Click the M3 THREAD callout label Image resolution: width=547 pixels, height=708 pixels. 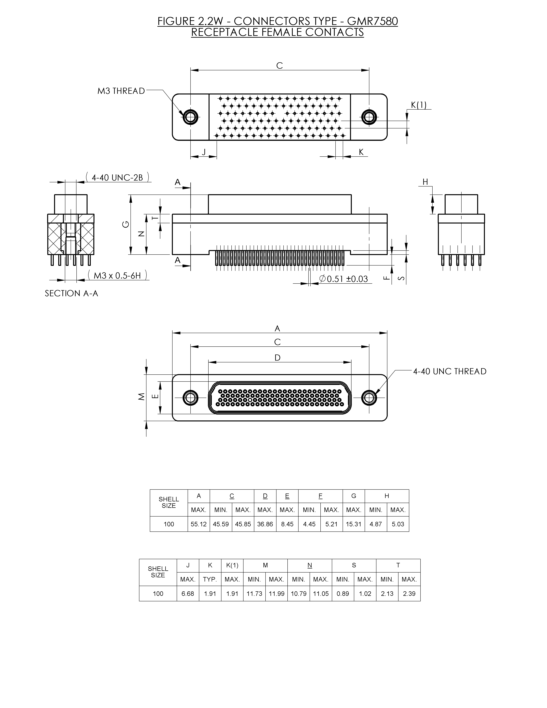click(121, 91)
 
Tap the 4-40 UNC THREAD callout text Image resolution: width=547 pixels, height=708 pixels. click(449, 372)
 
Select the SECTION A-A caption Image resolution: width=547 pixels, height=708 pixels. click(71, 293)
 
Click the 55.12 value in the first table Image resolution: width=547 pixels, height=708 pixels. click(198, 524)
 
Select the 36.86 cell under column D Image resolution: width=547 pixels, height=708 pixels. click(265, 524)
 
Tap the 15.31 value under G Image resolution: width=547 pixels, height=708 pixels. click(353, 524)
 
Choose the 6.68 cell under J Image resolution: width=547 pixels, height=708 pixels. click(188, 594)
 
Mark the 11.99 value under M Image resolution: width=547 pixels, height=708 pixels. click(276, 594)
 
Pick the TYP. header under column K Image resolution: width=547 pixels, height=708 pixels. click(210, 579)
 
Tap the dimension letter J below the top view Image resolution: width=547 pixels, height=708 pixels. click(204, 152)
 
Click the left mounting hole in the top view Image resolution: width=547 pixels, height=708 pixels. click(190, 117)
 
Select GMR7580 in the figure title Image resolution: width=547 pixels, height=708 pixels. click(372, 21)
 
